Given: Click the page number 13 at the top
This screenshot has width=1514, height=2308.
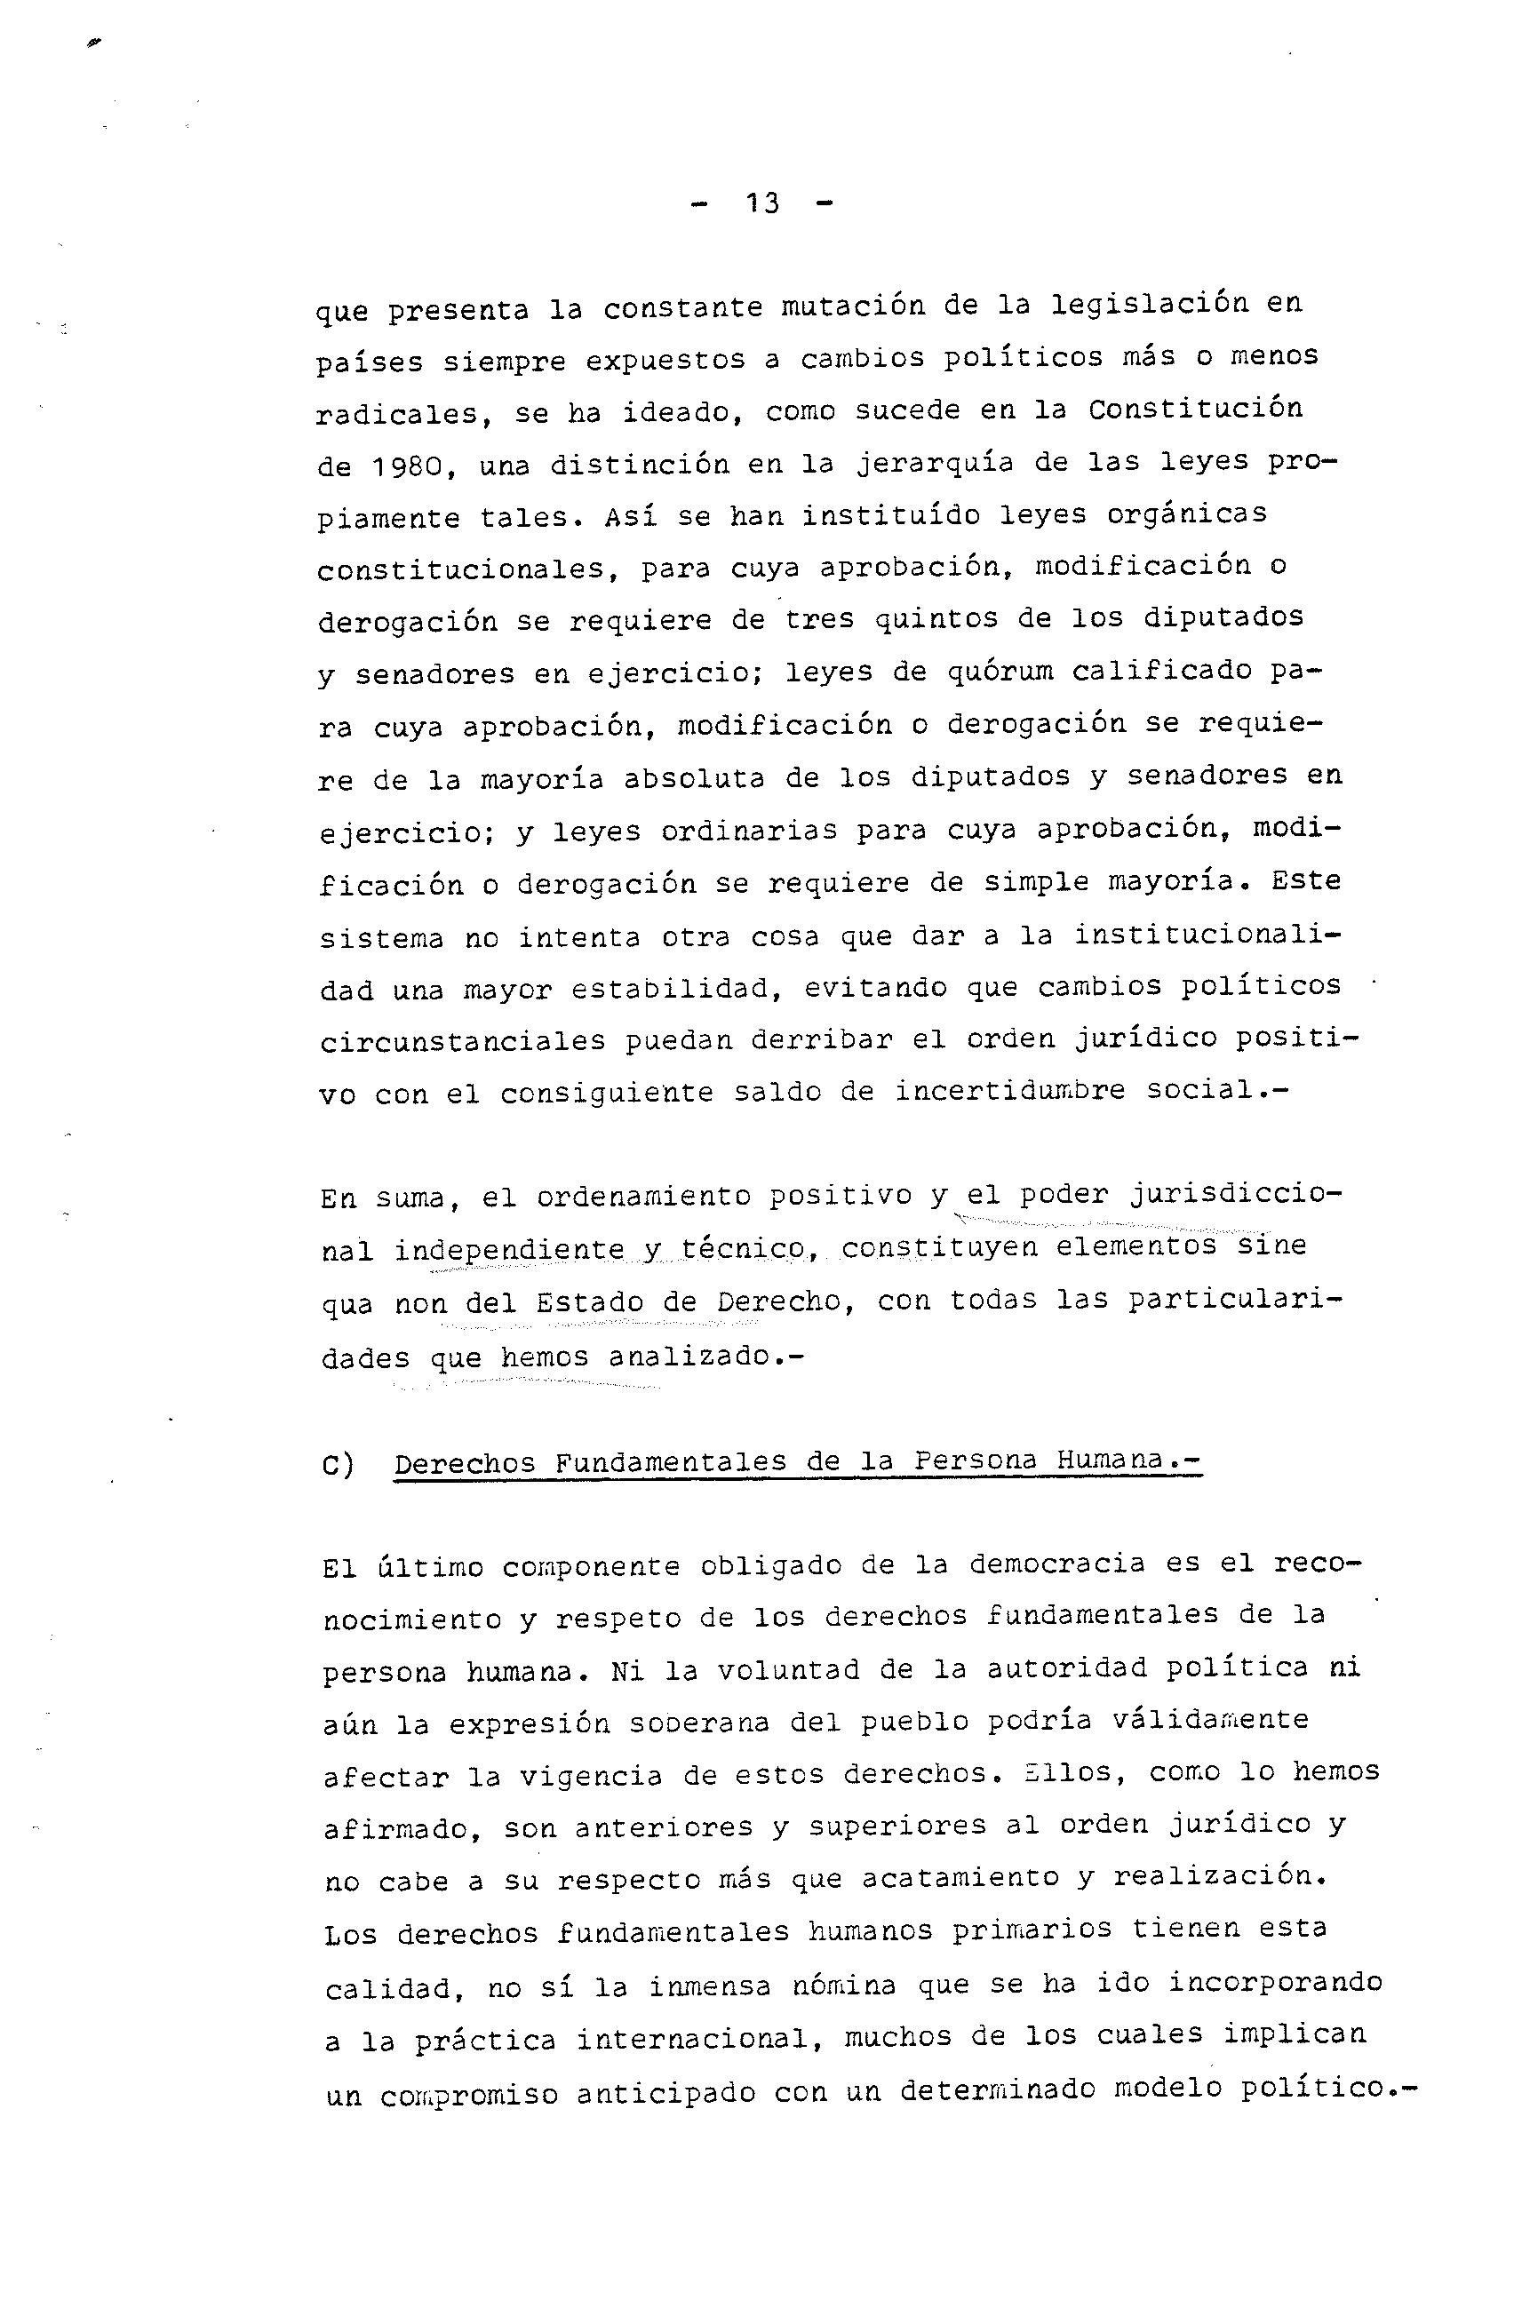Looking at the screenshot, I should (x=762, y=203).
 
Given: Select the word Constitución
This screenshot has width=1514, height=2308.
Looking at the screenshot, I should (x=1194, y=410).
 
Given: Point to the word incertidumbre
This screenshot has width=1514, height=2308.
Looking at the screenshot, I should (x=1008, y=1091).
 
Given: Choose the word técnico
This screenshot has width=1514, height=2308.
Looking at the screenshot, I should (x=744, y=1249).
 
